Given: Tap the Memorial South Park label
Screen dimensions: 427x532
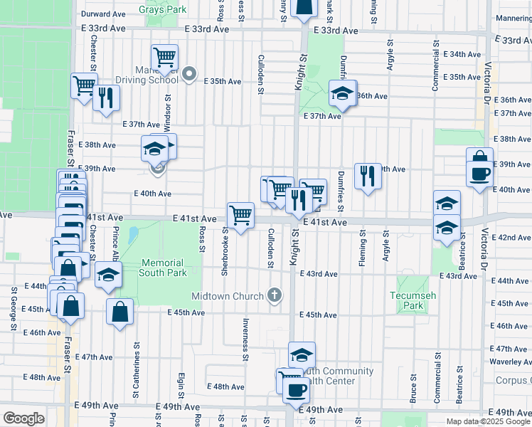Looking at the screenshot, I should click(x=162, y=268).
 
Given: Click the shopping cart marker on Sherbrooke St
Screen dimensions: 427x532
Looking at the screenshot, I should click(x=241, y=214).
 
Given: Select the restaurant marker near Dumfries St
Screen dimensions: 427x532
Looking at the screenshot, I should click(x=368, y=176).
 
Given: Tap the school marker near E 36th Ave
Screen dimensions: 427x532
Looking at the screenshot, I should click(x=342, y=94).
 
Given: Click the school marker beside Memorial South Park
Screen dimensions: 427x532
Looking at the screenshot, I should click(x=107, y=275).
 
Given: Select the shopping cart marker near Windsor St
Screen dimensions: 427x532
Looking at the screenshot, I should click(x=164, y=56).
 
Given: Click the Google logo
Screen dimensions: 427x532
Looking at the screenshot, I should click(x=23, y=418).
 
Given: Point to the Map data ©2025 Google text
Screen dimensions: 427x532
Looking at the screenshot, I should click(x=488, y=421).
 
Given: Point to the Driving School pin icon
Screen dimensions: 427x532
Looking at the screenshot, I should click(x=188, y=73).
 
